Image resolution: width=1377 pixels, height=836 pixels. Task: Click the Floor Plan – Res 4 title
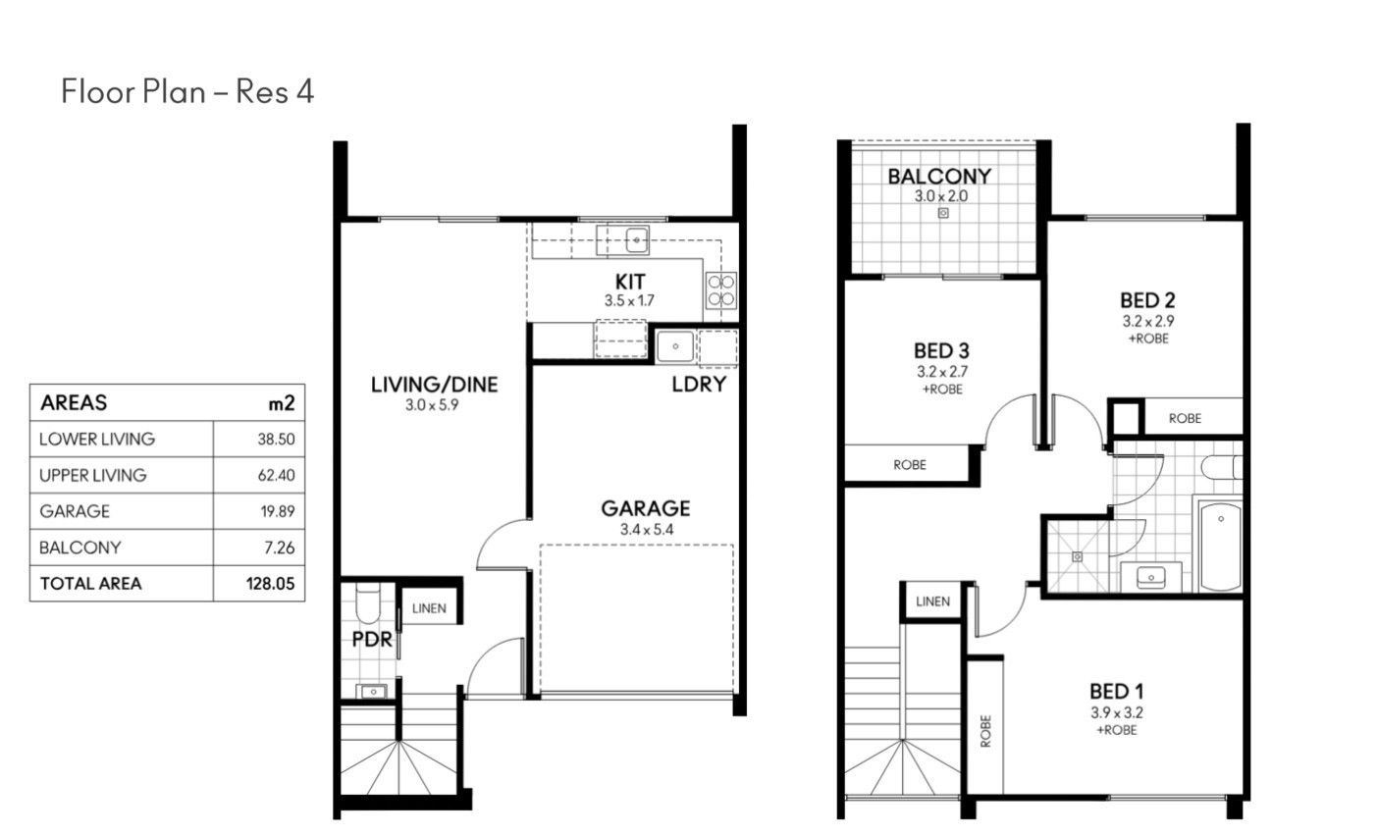tap(187, 91)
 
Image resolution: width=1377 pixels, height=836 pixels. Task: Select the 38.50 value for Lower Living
tap(276, 439)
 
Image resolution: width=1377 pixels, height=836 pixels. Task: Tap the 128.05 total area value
tap(271, 584)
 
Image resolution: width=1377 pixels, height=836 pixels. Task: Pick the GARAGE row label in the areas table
tap(75, 511)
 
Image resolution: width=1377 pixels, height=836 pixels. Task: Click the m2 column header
tap(282, 403)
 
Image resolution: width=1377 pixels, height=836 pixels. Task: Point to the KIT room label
tap(630, 283)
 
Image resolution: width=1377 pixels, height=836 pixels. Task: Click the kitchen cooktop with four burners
tap(720, 290)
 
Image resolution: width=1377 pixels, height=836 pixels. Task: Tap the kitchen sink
tap(637, 239)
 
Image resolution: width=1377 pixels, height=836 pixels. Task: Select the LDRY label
tap(699, 385)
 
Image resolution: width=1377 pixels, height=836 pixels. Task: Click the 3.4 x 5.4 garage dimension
tap(647, 529)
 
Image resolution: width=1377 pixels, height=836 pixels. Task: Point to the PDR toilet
tap(368, 602)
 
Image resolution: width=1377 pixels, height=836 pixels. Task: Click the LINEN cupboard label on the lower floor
tap(429, 608)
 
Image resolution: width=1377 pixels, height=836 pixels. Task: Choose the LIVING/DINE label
tap(434, 385)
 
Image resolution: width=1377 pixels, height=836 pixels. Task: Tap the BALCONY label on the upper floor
tap(939, 177)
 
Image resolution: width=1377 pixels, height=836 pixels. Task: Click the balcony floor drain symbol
tap(943, 213)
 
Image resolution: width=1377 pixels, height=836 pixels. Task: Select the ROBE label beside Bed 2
tap(1185, 419)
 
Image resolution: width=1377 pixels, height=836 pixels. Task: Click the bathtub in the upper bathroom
tap(1220, 546)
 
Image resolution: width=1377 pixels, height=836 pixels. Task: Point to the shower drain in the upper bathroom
tap(1077, 557)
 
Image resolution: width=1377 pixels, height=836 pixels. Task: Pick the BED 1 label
tap(1116, 692)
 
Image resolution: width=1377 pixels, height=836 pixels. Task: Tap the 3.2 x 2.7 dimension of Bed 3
tap(942, 372)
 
